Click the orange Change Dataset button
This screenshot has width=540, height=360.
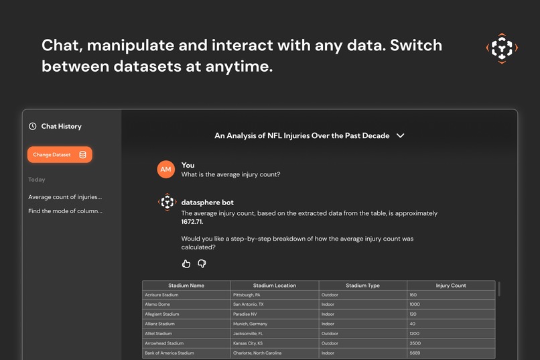[60, 155]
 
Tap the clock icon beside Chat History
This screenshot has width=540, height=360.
[32, 126]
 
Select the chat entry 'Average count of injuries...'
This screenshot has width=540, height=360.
[65, 197]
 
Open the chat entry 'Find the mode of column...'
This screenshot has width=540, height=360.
[65, 211]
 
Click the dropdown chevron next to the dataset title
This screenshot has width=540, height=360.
[401, 135]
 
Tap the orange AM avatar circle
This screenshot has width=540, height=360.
[166, 170]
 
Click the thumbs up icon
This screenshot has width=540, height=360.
[186, 264]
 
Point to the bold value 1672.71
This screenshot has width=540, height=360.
[192, 221]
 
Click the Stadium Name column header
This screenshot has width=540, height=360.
[186, 286]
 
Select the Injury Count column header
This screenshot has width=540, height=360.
[451, 286]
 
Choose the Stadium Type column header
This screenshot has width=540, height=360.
[362, 286]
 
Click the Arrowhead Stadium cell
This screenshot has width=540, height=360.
[163, 343]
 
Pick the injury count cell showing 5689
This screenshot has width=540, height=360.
[415, 353]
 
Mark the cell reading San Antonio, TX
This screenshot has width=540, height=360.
[253, 304]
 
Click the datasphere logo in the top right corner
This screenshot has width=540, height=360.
[501, 48]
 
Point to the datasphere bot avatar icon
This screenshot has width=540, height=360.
[167, 202]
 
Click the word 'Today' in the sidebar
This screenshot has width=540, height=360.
[37, 180]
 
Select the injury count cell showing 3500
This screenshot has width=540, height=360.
[415, 343]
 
